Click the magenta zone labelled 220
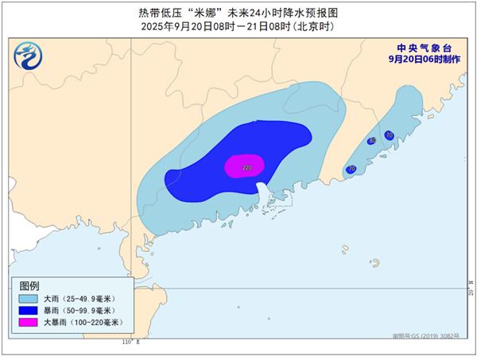point(244,166)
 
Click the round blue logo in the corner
point(29,56)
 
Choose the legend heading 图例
point(30,285)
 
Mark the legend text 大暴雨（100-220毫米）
point(81,323)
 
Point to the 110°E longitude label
point(130,342)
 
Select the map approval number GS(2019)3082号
point(436,337)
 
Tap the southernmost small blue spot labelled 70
point(351,169)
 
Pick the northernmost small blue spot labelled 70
point(389,135)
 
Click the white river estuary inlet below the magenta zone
point(262,191)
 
